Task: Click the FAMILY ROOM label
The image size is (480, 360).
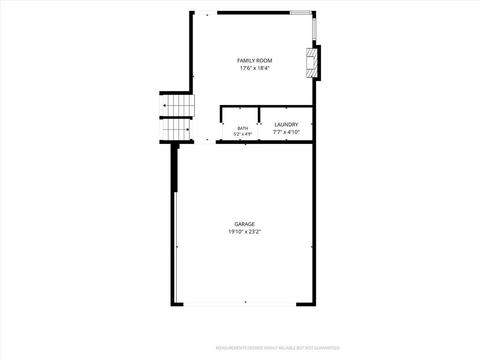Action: pos(255,60)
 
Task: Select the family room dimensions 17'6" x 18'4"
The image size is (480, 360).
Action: pos(255,68)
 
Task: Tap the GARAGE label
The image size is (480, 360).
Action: pos(245,224)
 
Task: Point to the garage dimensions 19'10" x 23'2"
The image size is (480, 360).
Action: pos(245,232)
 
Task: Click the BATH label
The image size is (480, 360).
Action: pos(243,128)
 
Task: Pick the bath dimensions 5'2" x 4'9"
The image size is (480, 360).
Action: pos(243,134)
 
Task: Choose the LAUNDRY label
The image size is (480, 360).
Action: pos(286,125)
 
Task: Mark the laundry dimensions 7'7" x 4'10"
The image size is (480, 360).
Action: pos(286,132)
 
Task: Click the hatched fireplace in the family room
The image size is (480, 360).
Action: pos(312,62)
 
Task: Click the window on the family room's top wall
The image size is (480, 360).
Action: pos(300,13)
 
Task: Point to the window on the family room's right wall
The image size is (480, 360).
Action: pos(314,30)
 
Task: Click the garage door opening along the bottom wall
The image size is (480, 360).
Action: pos(240,304)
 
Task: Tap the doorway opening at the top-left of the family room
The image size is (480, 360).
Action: pos(206,13)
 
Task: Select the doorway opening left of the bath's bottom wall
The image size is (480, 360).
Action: pos(205,142)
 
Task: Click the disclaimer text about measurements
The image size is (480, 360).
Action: pos(278,348)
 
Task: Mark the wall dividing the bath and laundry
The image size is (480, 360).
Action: pos(259,114)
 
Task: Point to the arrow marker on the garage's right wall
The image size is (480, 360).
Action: pos(312,247)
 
